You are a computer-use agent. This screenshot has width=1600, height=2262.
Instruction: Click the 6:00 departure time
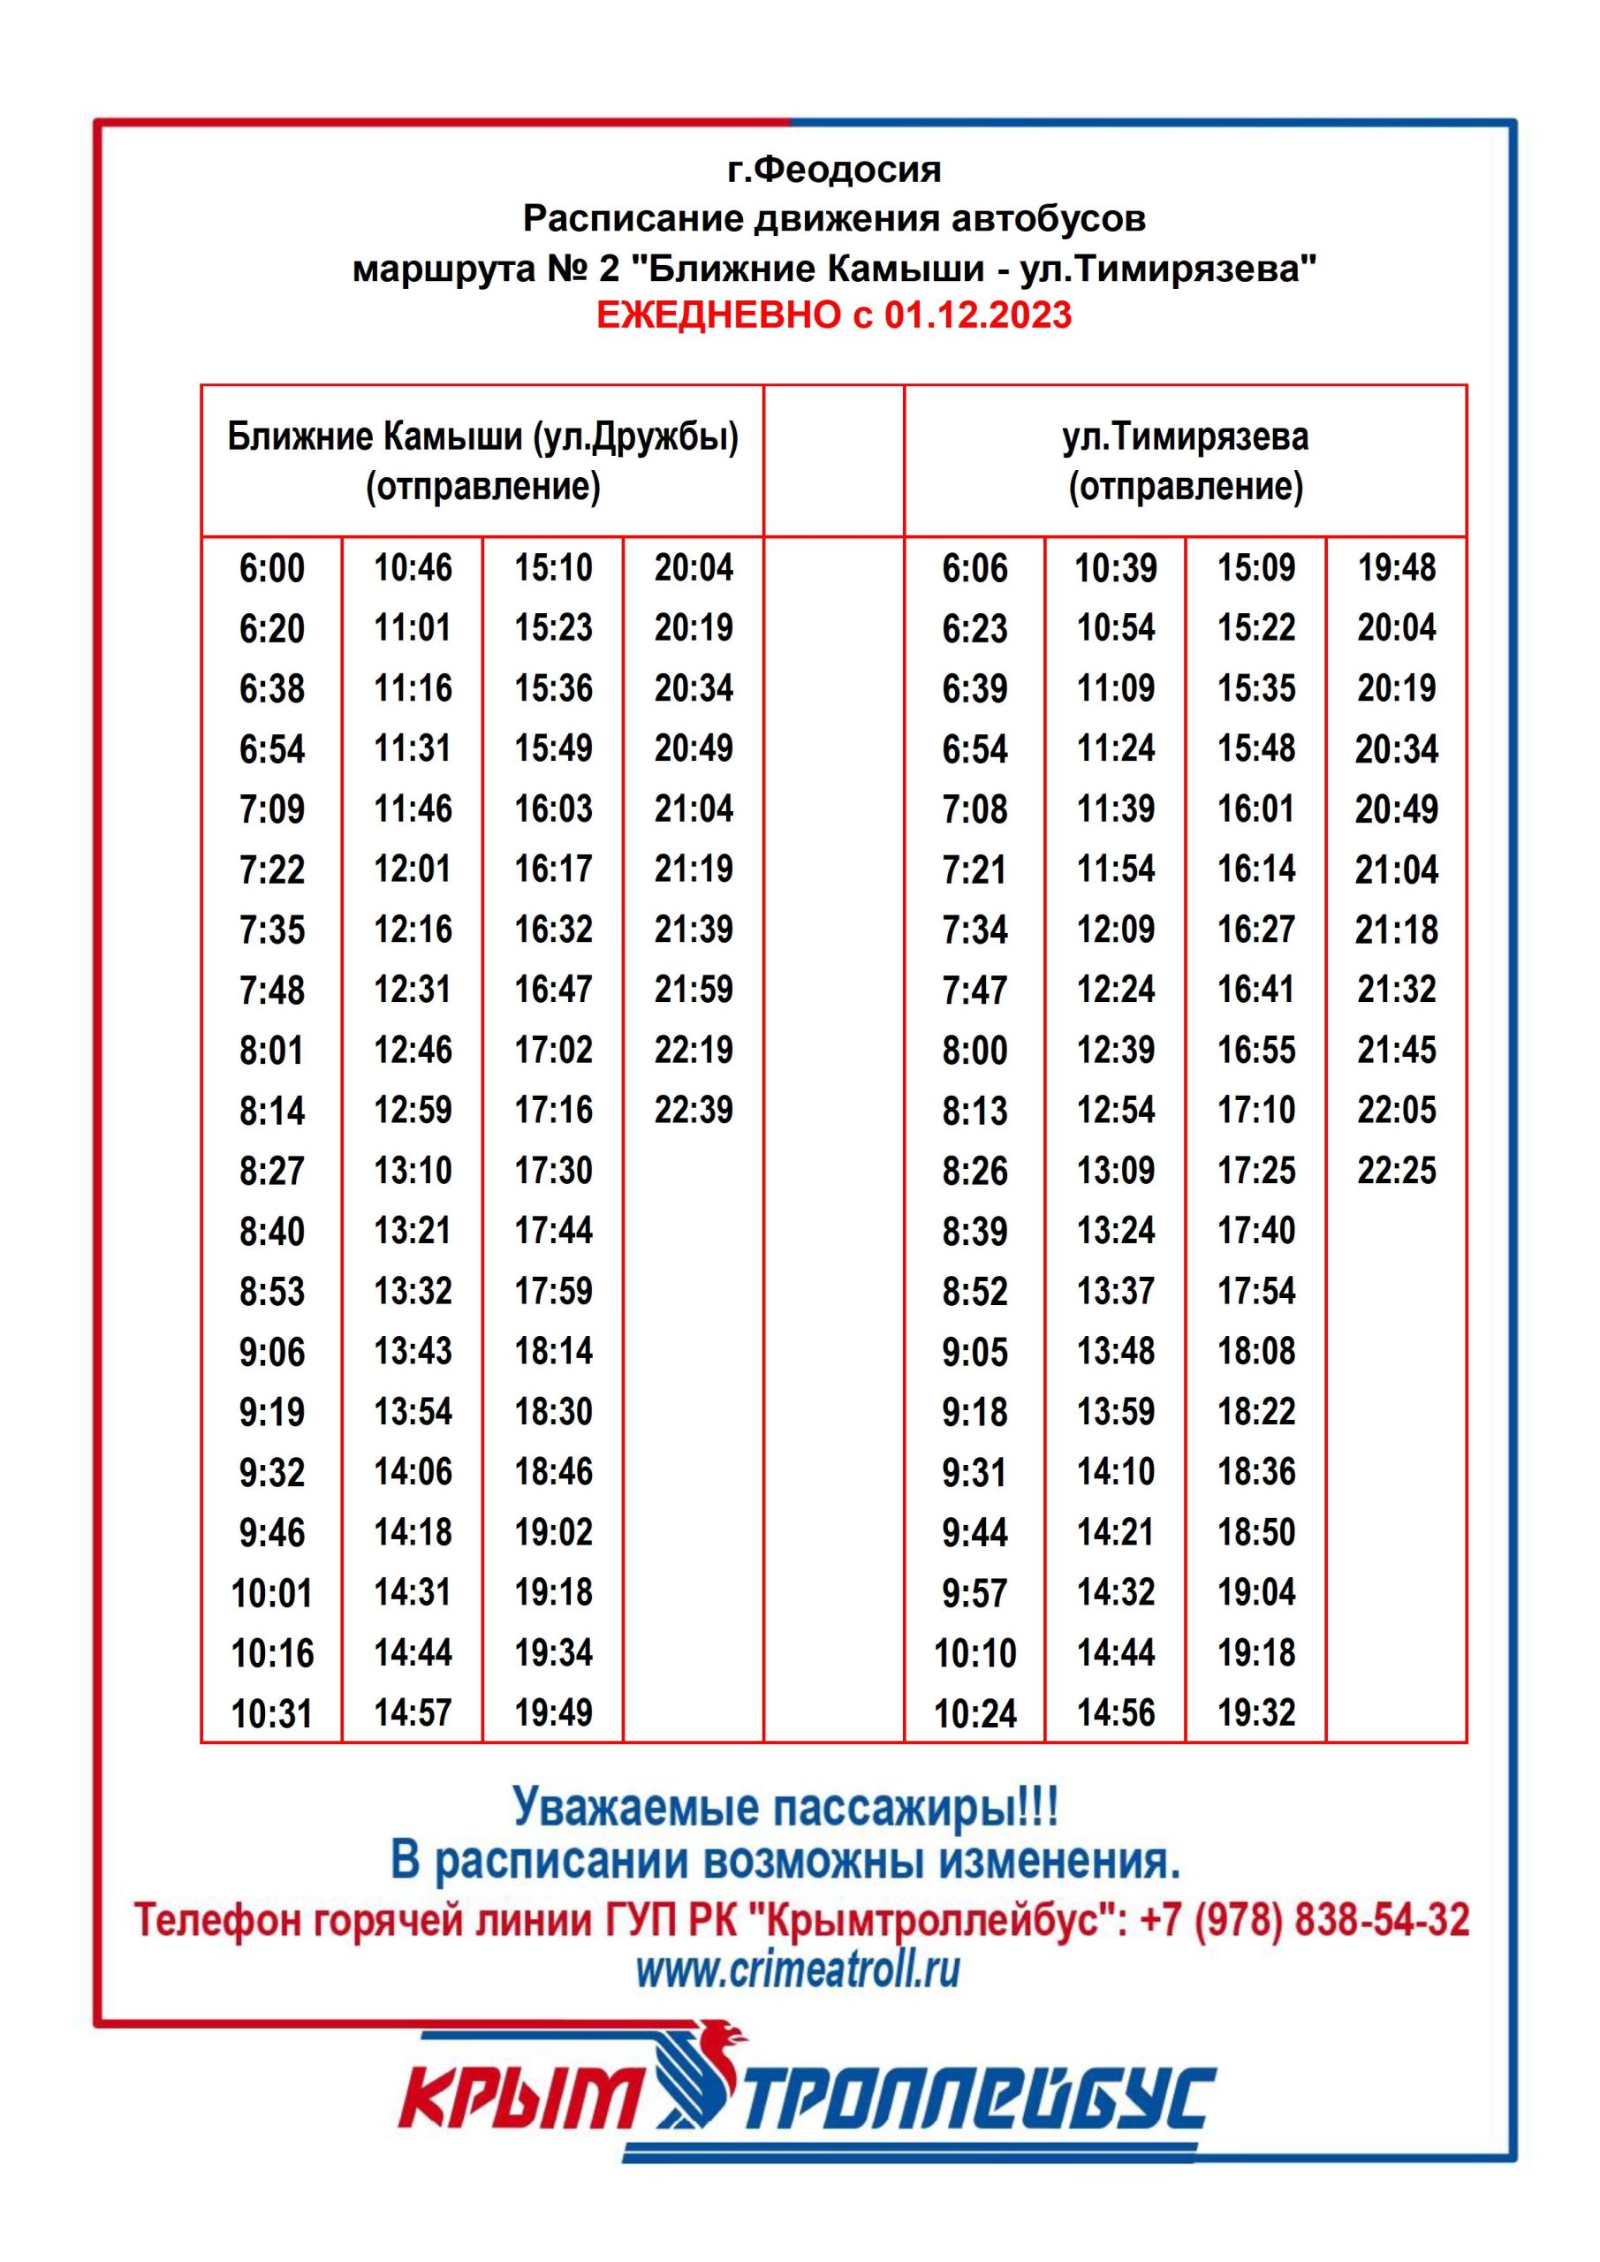[272, 568]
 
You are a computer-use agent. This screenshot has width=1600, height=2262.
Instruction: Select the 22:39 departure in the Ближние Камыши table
[694, 1111]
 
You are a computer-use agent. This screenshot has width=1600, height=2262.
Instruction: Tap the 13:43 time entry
[413, 1351]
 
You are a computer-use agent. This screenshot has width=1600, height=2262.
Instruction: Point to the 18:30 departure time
[554, 1411]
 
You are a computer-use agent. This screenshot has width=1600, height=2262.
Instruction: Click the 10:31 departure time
[272, 1714]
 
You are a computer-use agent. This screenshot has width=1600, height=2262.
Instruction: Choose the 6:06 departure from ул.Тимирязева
[974, 568]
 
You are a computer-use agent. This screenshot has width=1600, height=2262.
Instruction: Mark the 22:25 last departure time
[1396, 1171]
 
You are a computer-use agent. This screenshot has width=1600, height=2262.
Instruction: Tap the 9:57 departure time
[974, 1593]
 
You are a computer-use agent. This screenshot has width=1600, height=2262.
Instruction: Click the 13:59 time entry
[1115, 1411]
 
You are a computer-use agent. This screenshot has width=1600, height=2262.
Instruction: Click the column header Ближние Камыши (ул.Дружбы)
[482, 437]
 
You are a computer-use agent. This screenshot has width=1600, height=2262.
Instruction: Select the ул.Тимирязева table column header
[1186, 437]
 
